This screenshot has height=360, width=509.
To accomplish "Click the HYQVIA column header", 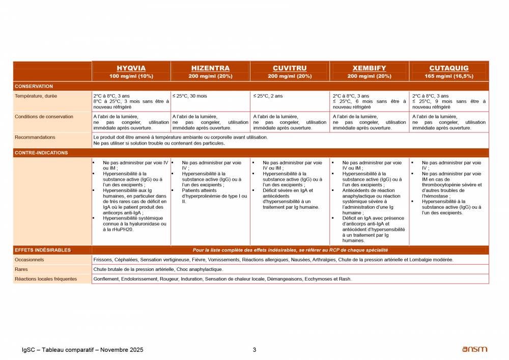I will click(131, 68).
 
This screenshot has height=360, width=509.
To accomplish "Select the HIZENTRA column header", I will click(210, 68).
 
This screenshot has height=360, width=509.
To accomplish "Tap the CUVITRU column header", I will click(290, 68).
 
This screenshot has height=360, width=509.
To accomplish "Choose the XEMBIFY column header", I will click(369, 68).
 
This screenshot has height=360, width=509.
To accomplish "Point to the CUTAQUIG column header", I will click(449, 68).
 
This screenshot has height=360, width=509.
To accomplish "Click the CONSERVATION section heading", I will click(34, 86).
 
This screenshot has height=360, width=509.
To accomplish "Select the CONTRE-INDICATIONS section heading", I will click(41, 153).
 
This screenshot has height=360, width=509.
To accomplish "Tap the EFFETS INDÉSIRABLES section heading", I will click(43, 250).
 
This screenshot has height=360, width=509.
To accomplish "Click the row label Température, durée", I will click(36, 96).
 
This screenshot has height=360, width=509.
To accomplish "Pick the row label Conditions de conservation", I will click(44, 117).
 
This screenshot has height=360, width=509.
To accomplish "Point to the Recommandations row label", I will click(35, 137).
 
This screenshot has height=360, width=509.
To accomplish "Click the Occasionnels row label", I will click(29, 260).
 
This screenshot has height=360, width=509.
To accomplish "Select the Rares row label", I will click(21, 269).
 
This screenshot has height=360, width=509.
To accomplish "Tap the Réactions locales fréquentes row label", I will click(46, 279).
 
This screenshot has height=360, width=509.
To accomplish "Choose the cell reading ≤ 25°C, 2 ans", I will click(268, 96).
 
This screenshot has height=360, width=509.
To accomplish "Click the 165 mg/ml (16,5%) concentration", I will click(449, 76).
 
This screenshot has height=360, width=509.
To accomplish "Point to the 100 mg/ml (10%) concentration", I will click(131, 76).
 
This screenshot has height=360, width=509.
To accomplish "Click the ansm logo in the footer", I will click(474, 349).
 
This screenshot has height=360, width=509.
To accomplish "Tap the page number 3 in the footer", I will click(254, 350).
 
